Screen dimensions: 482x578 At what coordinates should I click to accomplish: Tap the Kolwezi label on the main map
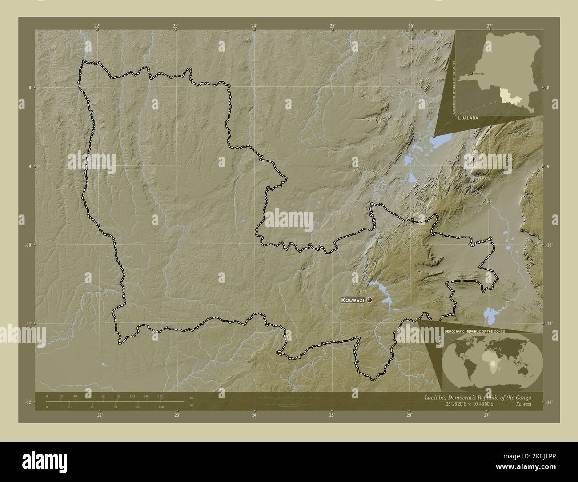(x=353, y=301)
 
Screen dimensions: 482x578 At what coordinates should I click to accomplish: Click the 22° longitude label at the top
(x=97, y=26)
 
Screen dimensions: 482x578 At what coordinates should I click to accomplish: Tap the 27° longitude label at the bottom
(x=487, y=416)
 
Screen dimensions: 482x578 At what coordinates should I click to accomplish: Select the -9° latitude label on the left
(x=28, y=166)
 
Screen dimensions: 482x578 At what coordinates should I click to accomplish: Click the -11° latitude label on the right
(x=549, y=324)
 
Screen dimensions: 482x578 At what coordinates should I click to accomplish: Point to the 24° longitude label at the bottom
(x=254, y=416)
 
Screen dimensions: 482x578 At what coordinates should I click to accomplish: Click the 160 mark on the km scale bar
(x=161, y=396)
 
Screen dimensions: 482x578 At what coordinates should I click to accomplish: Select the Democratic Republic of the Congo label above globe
(x=474, y=332)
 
